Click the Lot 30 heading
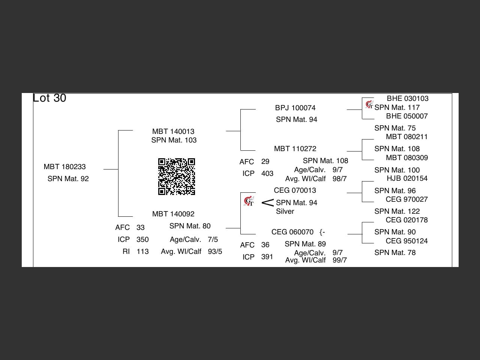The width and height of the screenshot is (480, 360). pos(49,98)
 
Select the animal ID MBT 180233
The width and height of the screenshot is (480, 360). pos(64,167)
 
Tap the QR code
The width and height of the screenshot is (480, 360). pos(176,177)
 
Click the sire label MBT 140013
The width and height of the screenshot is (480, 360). pos(173,132)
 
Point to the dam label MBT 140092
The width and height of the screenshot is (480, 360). pos(173,214)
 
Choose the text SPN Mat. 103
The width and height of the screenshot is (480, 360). pos(174,140)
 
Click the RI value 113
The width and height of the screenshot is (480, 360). pos(142,252)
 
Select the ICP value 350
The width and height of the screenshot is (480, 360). pos(142,240)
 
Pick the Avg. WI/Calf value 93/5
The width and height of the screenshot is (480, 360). pos(215,252)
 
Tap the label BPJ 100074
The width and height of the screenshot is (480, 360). pos(295,108)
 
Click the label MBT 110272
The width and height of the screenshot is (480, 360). pos(295,149)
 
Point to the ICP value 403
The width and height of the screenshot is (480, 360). pos(267,174)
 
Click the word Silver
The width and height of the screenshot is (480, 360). pos(285,211)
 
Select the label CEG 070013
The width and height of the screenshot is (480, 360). pos(295,190)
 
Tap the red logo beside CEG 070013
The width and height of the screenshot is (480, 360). pos(249,201)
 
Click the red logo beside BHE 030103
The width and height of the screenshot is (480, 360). pos(369,104)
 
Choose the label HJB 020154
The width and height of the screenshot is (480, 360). pos(407,178)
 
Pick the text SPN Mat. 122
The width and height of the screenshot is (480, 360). pos(397,211)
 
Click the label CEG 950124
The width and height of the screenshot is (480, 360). pos(406,241)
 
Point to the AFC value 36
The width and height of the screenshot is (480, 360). pos(265,245)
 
